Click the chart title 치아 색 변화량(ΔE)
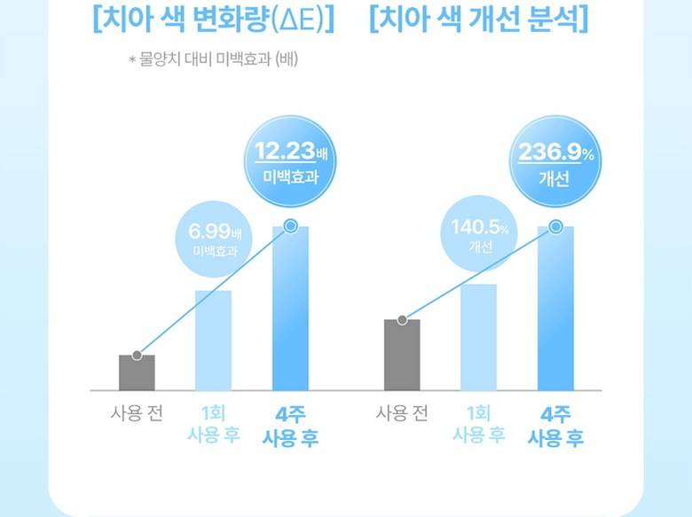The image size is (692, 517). (x=212, y=20)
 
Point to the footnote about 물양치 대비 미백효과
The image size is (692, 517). (x=217, y=60)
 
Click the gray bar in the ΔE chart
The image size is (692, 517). (x=137, y=372)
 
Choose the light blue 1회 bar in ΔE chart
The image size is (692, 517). (x=213, y=340)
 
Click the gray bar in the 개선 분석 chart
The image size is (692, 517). (x=402, y=355)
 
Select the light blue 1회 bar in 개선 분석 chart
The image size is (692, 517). (x=478, y=337)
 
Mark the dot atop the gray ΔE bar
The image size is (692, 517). (x=137, y=355)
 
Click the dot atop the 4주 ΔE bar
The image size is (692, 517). (x=289, y=226)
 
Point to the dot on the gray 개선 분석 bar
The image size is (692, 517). (x=402, y=319)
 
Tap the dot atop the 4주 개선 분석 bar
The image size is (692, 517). (x=555, y=226)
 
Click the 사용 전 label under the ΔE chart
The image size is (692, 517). (x=137, y=413)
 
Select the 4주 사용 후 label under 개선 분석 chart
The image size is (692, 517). (x=555, y=426)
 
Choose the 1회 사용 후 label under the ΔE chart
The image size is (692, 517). (x=213, y=424)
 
